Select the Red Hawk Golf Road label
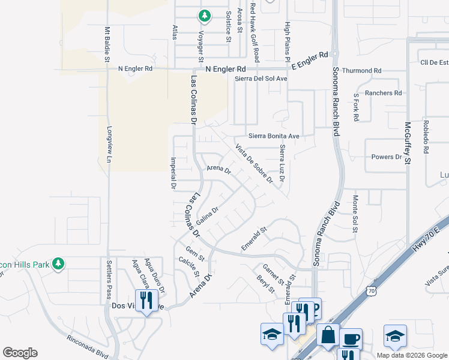[x=255, y=32]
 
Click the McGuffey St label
[x=407, y=143]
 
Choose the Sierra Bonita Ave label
[x=274, y=137]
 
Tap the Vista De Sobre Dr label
[x=254, y=163]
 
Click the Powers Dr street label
[x=387, y=157]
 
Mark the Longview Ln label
[x=109, y=145]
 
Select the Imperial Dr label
[x=173, y=174]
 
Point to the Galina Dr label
[x=206, y=217]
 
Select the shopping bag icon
[x=328, y=335]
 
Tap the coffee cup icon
[x=350, y=338]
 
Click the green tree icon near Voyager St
[x=205, y=15]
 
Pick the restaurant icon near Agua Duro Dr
[x=146, y=299]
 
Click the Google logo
[x=20, y=353]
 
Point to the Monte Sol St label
[x=355, y=212]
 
